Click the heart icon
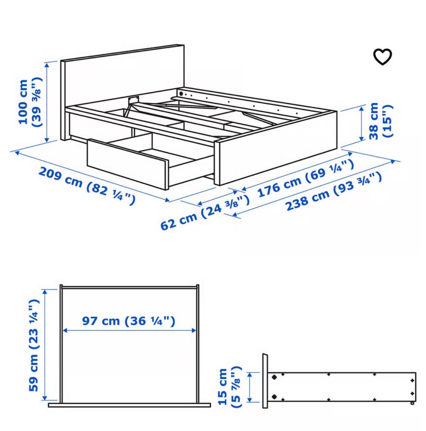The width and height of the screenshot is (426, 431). (x=382, y=57)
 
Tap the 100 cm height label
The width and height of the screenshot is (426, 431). (x=30, y=102)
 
